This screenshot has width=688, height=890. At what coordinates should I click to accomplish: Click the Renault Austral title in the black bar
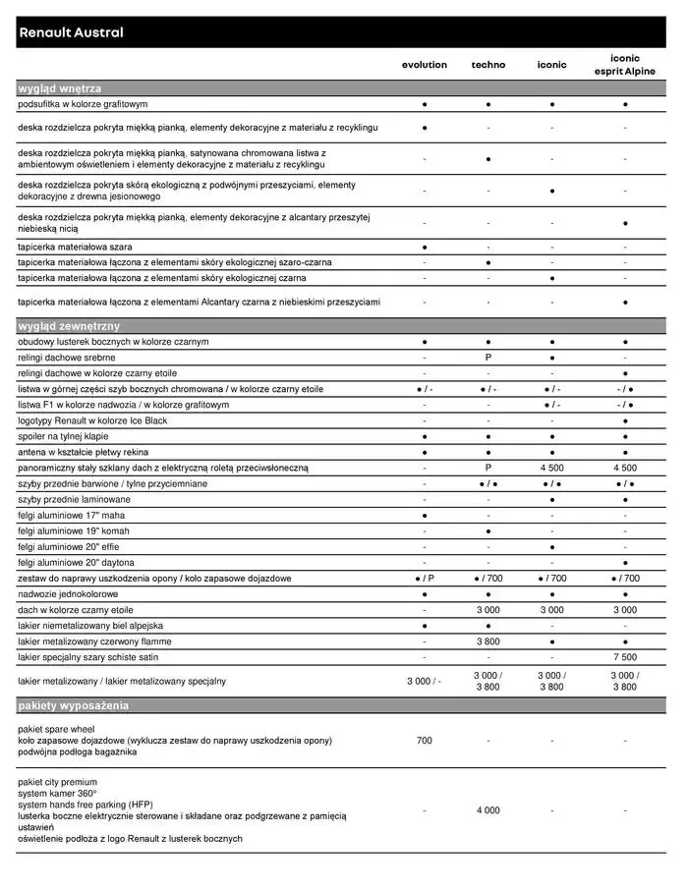(71, 32)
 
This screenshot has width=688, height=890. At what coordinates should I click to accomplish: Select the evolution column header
(424, 65)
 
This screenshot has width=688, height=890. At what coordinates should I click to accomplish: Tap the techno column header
(488, 65)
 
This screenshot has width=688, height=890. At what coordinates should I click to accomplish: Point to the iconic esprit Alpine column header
(625, 65)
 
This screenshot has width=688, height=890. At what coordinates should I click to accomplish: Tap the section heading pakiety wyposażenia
(73, 705)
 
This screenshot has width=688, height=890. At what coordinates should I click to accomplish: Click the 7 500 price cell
(625, 657)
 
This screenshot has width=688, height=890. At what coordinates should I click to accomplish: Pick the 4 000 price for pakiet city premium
(488, 810)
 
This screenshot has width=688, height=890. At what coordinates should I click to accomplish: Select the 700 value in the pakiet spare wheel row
(424, 740)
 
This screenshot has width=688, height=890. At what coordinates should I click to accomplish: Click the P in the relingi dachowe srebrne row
(488, 358)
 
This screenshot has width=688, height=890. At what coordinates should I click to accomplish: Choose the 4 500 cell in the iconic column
(552, 468)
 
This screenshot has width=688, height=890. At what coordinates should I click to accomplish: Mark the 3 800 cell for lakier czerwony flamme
(488, 641)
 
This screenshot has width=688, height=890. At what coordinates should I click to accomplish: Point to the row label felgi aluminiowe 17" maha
(71, 515)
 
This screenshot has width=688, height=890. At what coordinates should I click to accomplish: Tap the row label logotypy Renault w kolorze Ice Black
(92, 420)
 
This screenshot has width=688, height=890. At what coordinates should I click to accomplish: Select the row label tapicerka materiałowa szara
(75, 247)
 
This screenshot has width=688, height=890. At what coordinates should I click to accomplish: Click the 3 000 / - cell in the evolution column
(424, 681)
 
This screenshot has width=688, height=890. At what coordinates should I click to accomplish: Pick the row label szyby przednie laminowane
(74, 499)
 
